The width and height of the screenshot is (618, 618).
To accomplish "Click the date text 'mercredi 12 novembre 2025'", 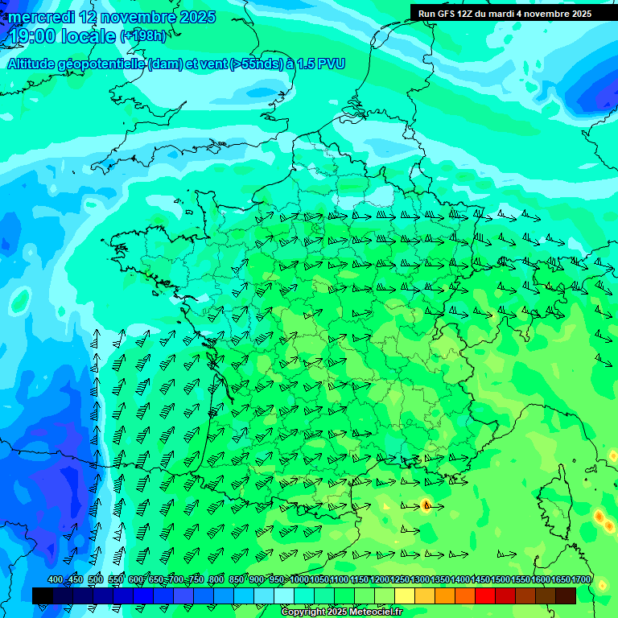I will [x=111, y=17].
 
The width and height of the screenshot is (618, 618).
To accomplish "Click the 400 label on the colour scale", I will [x=56, y=580].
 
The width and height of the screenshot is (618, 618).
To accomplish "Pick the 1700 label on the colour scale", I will [x=581, y=580].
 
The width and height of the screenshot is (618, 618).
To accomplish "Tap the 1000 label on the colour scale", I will [x=299, y=580].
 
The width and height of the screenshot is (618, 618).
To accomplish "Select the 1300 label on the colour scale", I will [x=420, y=580].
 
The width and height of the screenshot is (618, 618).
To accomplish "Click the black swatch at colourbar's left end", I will [x=42, y=595].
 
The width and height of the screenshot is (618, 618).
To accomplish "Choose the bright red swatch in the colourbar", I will [x=485, y=595].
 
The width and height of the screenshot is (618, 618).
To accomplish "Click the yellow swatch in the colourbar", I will [x=405, y=595].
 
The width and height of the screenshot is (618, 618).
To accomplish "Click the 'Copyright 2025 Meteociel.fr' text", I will [x=341, y=612].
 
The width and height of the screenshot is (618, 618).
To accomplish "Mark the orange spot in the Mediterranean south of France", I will [x=426, y=505].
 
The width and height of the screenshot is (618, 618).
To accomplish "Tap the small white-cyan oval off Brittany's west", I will [x=20, y=303].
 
